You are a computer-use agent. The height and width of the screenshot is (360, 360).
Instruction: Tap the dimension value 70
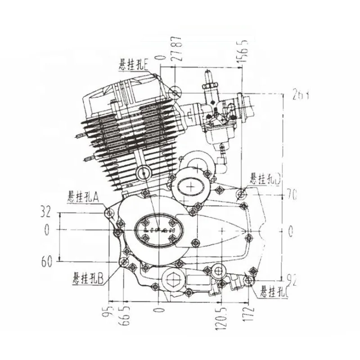tap(292, 195)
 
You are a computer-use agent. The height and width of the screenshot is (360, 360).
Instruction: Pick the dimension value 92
tap(292, 279)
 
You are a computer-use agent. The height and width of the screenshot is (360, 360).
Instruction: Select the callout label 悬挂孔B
tap(88, 279)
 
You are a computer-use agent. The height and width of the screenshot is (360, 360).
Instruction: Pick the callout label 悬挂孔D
tap(266, 180)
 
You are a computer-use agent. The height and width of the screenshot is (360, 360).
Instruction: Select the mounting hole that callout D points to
tap(242, 195)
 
